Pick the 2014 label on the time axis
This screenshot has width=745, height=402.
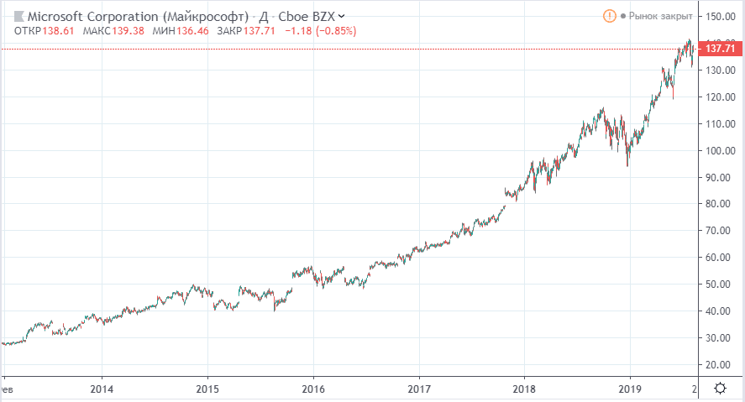(102, 389)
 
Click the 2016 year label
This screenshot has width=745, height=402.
(312, 389)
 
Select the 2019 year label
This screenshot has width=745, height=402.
(629, 389)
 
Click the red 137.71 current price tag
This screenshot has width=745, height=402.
(722, 50)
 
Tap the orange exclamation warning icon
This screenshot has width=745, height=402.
(609, 16)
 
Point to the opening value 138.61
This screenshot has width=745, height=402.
(57, 31)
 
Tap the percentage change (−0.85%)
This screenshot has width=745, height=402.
(333, 31)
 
